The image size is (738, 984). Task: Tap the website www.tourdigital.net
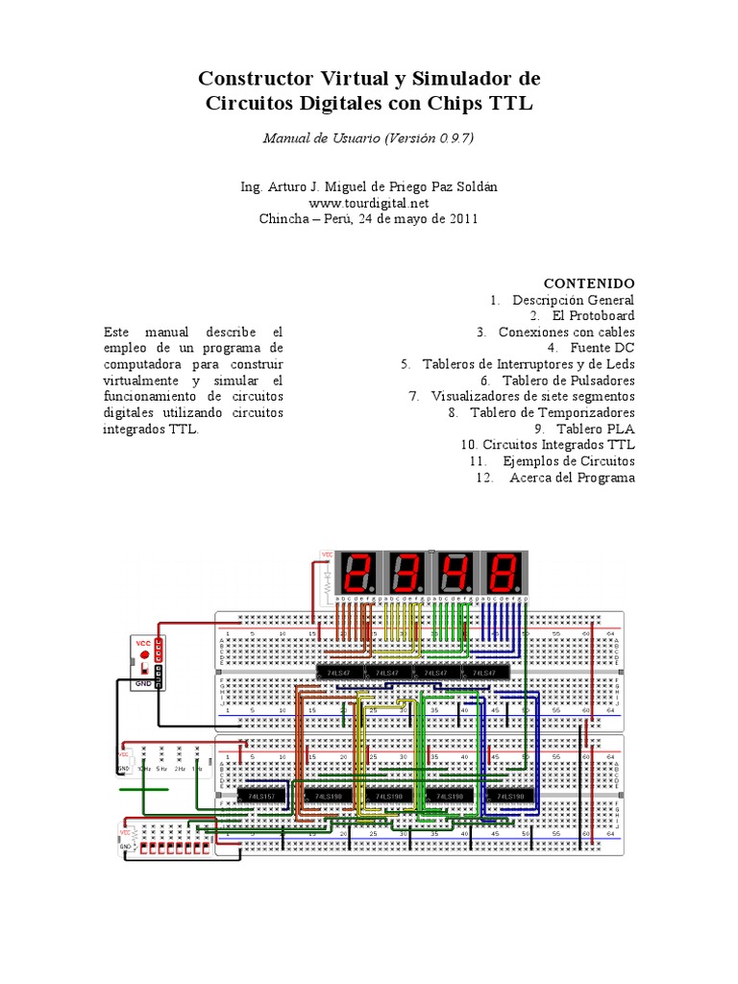click(x=368, y=203)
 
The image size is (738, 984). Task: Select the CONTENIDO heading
click(x=589, y=283)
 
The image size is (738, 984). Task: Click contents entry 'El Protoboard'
click(x=593, y=315)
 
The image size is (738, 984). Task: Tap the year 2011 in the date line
click(x=458, y=218)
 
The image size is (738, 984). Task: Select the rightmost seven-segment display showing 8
click(x=504, y=574)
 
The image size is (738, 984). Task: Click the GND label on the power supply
click(x=142, y=683)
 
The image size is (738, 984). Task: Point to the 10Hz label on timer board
click(x=144, y=769)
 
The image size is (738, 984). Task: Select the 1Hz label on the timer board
click(x=196, y=769)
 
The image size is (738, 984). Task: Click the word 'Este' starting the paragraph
click(x=116, y=332)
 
